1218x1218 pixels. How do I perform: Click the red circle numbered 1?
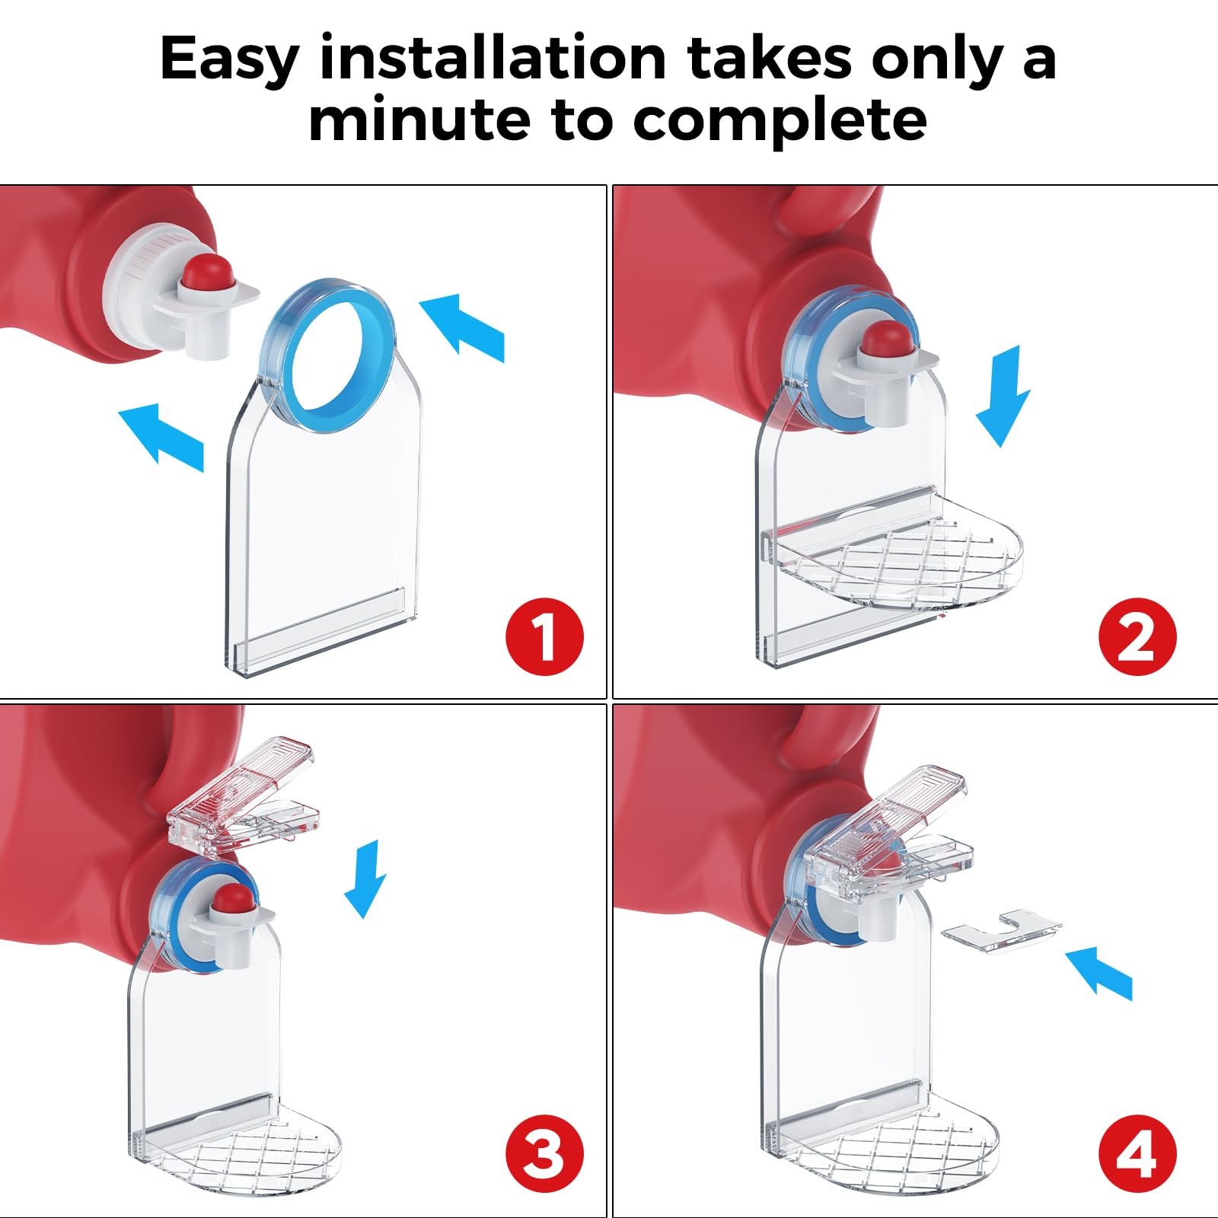pyautogui.click(x=544, y=636)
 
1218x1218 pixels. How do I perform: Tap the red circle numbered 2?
pyautogui.click(x=1137, y=636)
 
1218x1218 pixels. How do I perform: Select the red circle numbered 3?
pyautogui.click(x=544, y=1154)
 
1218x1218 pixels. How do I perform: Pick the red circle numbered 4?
pyautogui.click(x=1137, y=1154)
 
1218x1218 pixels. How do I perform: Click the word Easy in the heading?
pyautogui.click(x=228, y=59)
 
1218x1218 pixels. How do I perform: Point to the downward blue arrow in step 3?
pyautogui.click(x=365, y=878)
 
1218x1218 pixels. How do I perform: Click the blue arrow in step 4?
pyautogui.click(x=1098, y=972)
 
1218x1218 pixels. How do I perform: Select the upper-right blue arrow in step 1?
pyautogui.click(x=461, y=327)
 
